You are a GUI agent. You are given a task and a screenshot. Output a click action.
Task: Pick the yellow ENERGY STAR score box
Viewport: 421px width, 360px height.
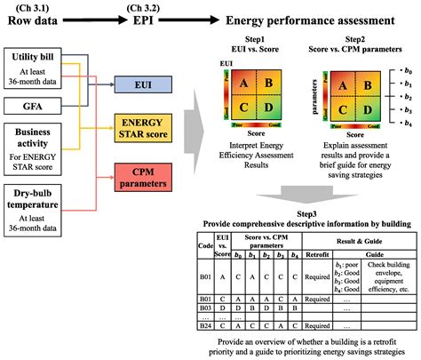[x=144, y=129]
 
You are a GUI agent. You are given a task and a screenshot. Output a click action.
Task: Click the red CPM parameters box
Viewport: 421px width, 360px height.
[x=144, y=179]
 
